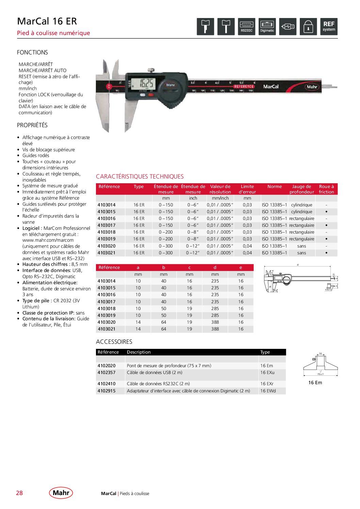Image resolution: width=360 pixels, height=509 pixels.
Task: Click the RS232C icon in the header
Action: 246,27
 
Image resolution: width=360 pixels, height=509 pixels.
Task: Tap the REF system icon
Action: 329,27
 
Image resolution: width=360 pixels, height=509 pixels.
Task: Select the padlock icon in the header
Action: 308,27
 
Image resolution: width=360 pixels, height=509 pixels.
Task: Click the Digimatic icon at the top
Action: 267,27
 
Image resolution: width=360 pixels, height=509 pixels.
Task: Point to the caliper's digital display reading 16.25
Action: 143,84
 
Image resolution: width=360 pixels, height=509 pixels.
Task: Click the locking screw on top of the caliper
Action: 151,70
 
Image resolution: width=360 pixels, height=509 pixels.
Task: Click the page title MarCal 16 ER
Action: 47,21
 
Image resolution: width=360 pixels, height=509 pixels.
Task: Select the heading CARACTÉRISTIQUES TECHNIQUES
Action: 140,176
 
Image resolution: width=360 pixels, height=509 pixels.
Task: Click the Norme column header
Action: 274,187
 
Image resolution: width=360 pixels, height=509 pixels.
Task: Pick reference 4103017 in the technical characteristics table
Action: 107,225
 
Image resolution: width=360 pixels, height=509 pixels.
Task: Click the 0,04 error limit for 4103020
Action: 247,246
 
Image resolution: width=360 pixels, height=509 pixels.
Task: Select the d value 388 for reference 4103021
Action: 215,329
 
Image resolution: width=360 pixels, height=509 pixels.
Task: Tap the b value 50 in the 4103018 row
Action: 164,309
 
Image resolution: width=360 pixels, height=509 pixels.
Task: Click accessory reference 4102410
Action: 107,384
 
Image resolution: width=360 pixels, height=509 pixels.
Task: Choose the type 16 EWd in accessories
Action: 268,391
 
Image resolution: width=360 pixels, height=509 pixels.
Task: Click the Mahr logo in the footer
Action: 61,493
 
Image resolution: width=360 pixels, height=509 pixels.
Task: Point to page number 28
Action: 19,493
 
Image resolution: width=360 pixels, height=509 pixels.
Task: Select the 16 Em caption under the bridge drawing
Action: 315,383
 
